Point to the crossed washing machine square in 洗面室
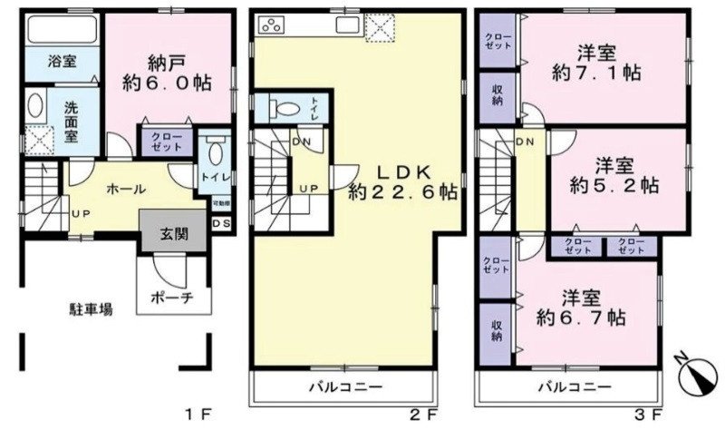(37, 140)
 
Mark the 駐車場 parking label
(92, 309)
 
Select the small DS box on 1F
(221, 224)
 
